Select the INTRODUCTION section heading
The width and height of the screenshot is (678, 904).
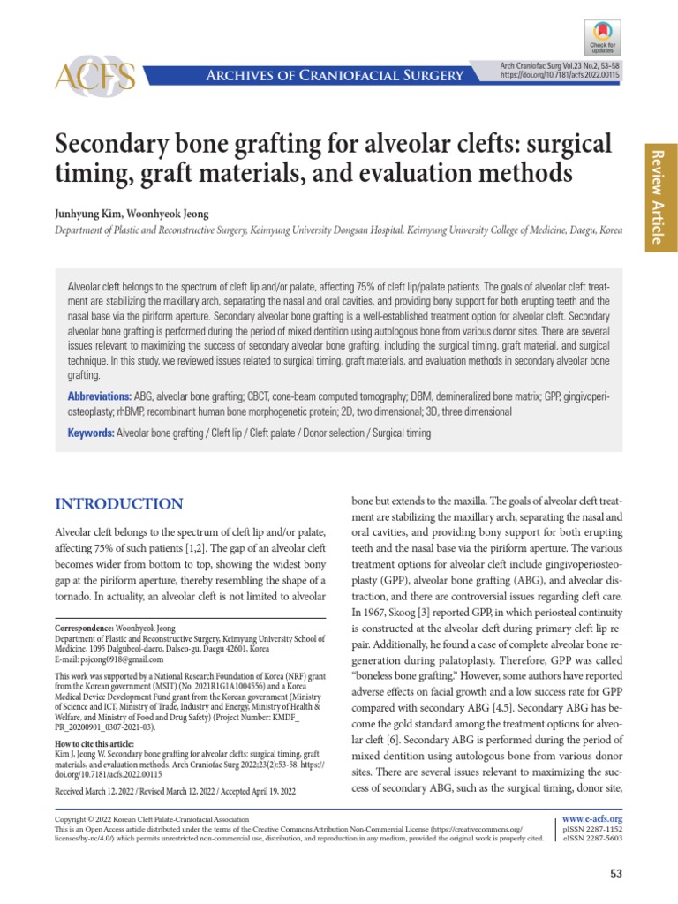click(119, 504)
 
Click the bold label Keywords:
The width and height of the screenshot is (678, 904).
click(91, 433)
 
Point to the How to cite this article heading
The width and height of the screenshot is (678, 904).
click(102, 744)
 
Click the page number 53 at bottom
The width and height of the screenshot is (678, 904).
click(616, 874)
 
